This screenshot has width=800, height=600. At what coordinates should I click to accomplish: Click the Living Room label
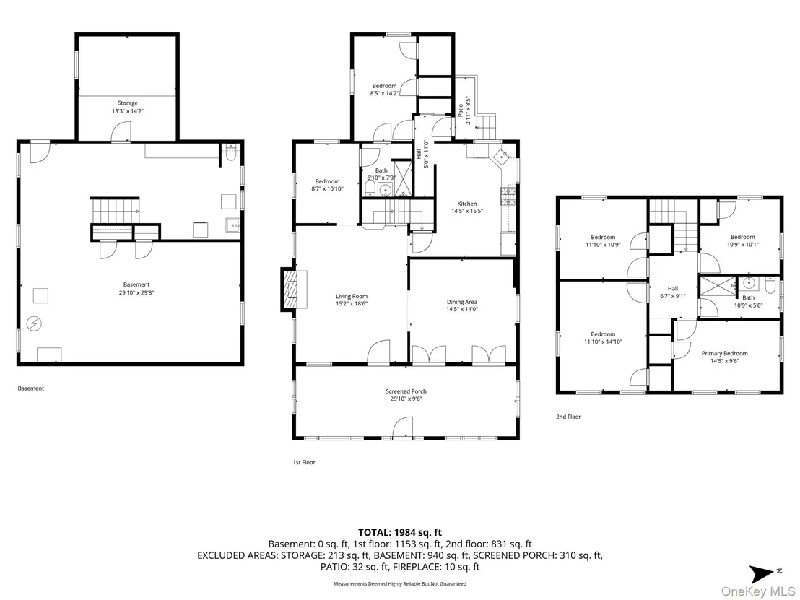(352, 297)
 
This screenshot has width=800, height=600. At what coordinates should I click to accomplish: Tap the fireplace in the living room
(294, 290)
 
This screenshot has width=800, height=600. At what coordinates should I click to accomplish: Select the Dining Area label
(462, 302)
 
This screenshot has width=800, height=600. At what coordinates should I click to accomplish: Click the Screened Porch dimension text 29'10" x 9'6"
(406, 399)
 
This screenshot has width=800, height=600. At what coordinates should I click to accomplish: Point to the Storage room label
(128, 103)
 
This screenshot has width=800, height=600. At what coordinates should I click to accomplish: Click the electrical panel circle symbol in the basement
(35, 323)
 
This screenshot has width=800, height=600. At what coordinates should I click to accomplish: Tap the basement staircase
(115, 211)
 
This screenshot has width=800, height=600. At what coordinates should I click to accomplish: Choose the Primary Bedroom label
(724, 353)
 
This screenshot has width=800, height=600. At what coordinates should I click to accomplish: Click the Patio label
(461, 110)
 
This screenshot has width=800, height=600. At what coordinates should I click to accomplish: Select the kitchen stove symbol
(509, 196)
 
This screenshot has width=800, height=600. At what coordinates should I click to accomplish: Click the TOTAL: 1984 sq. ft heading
(400, 533)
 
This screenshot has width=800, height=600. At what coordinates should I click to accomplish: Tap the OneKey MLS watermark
(758, 591)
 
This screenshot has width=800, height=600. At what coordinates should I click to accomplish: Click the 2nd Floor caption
(568, 417)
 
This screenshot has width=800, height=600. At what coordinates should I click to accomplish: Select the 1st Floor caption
(304, 462)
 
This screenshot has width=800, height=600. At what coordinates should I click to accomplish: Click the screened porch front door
(403, 427)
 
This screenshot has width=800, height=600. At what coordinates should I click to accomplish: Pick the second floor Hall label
(673, 289)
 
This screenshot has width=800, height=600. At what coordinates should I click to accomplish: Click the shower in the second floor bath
(718, 286)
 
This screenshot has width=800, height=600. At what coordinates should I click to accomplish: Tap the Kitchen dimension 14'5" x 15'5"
(467, 212)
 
